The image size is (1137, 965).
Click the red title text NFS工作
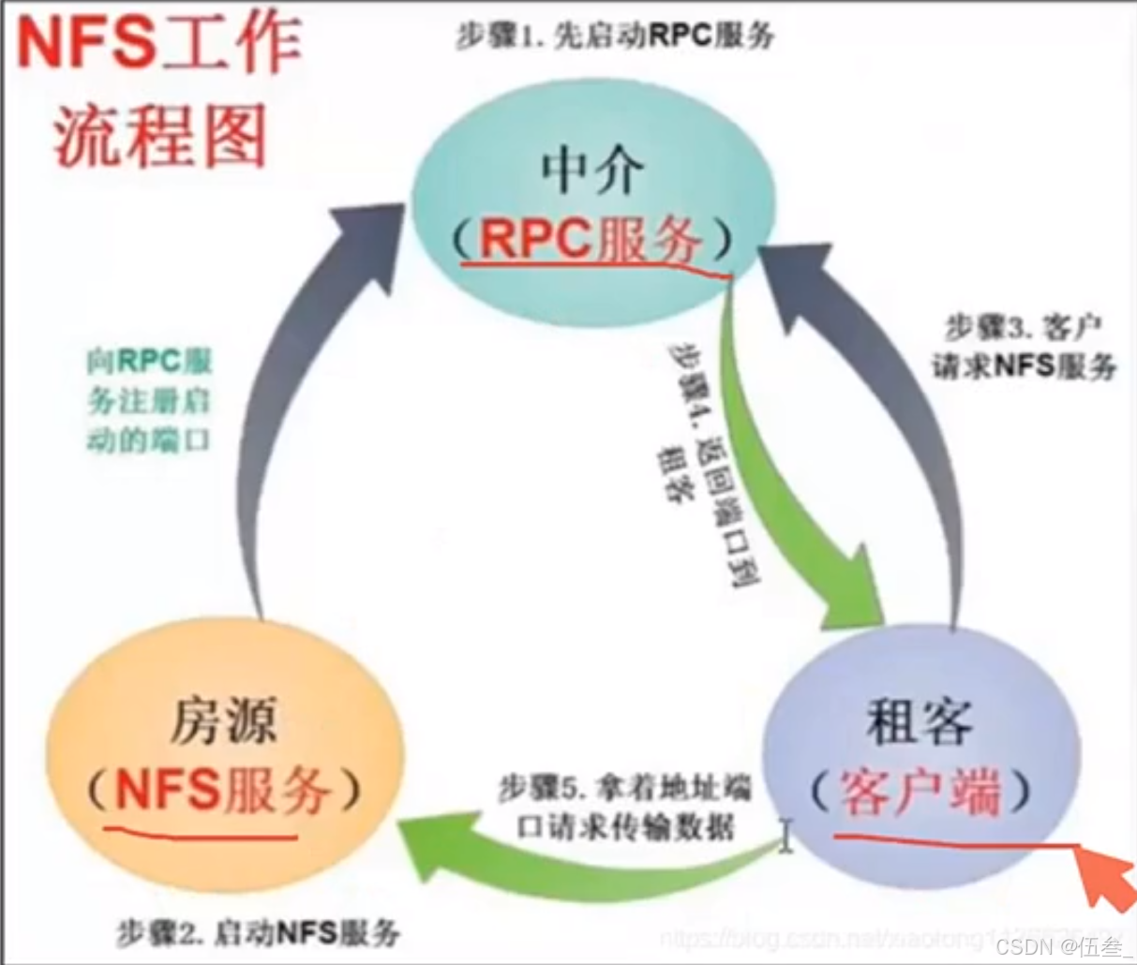pyautogui.click(x=159, y=43)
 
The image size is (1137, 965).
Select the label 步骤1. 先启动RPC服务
pyautogui.click(x=615, y=36)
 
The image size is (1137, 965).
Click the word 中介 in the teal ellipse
pyautogui.click(x=593, y=172)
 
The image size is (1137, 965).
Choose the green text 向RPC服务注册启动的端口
pyautogui.click(x=149, y=401)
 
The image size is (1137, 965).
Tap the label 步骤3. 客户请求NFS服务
pyautogui.click(x=1025, y=347)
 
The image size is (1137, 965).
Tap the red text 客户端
pyautogui.click(x=920, y=793)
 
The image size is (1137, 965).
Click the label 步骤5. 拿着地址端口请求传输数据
pyautogui.click(x=625, y=808)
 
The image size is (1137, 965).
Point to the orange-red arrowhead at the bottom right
pyautogui.click(x=1106, y=879)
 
